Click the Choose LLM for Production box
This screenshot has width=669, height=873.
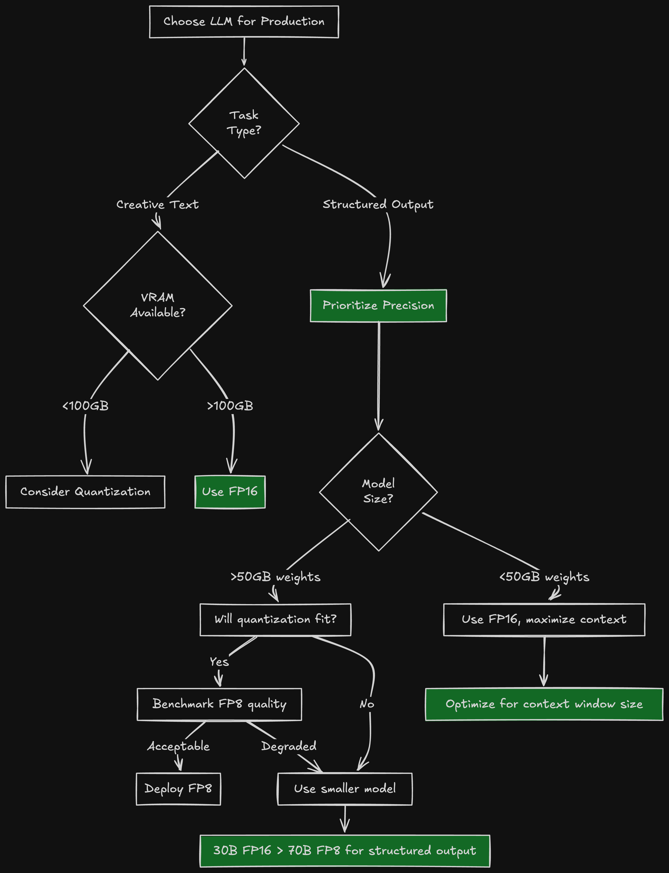244,21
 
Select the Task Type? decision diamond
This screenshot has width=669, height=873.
244,123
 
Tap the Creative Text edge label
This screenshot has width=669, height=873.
157,204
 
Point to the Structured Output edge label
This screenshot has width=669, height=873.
378,204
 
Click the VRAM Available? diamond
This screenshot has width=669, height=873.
158,305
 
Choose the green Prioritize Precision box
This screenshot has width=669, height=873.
378,305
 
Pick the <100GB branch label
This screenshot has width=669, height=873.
86,406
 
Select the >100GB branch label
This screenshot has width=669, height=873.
230,406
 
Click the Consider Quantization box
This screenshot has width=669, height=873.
85,492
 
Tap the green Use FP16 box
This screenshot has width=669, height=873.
230,492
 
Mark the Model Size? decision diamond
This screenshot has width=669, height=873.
378,492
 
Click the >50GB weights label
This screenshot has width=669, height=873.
276,577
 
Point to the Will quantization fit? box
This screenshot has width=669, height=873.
275,619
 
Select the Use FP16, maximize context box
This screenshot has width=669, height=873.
544,619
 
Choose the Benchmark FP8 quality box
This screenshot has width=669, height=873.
219,704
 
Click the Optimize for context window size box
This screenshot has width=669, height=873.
544,704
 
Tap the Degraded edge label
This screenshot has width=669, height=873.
289,746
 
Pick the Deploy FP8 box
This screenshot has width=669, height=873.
178,789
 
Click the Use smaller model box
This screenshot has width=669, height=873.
345,789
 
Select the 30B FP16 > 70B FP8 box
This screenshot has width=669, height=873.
345,851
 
